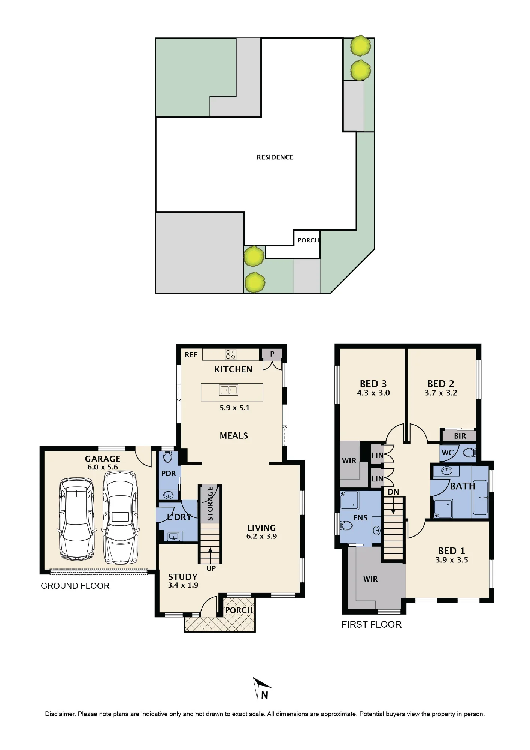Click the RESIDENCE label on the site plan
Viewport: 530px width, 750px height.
coord(275,157)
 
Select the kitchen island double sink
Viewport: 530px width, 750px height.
coord(228,390)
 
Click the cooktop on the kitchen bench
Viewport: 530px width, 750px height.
coord(231,354)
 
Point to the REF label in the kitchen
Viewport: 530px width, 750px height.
coord(191,355)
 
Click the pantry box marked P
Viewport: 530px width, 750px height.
coord(272,354)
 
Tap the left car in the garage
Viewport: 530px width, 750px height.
coord(76,519)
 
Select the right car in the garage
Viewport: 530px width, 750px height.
coord(120,517)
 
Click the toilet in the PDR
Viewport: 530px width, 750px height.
coord(167,456)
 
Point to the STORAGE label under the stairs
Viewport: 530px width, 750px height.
coord(210,504)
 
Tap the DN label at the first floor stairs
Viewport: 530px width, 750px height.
coord(393,492)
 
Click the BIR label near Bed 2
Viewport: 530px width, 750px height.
coord(460,436)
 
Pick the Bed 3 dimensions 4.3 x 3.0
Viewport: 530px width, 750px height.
coord(373,393)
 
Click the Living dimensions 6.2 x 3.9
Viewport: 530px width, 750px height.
coord(261,537)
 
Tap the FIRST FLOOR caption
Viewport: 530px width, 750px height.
coord(372,624)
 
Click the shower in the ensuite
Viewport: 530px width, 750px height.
coord(349,501)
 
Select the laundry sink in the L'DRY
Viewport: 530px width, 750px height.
coord(173,537)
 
